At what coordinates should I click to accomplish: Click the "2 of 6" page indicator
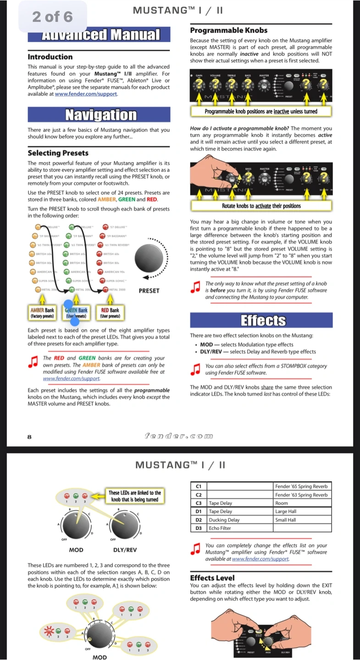tap(52, 17)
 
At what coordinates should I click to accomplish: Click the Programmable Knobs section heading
tap(228, 30)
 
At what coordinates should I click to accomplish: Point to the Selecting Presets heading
tap(58, 153)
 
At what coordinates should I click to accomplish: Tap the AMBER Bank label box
tap(42, 313)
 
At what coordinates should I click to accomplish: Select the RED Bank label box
tap(110, 313)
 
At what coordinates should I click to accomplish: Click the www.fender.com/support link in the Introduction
tap(86, 94)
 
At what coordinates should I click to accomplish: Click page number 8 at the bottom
tap(30, 437)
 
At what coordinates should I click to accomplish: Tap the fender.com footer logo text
tap(179, 436)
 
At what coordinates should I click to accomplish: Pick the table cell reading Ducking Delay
tap(224, 520)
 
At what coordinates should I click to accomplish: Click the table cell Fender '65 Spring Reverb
tap(302, 486)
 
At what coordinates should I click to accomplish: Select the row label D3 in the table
tap(199, 528)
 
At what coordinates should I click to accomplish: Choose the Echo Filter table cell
tap(220, 528)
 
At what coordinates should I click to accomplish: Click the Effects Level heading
tap(212, 578)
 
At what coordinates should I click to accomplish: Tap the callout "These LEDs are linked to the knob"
tap(134, 496)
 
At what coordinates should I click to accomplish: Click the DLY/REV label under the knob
tap(125, 550)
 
